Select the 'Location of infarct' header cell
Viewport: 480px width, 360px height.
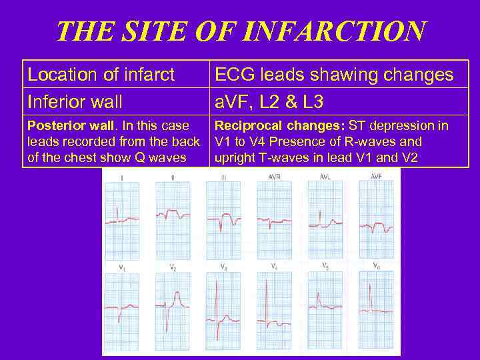[x=101, y=75]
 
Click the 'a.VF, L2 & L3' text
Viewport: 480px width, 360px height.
[x=269, y=102]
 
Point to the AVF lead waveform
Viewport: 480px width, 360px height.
[x=377, y=225]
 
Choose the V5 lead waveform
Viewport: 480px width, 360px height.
[x=323, y=303]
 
